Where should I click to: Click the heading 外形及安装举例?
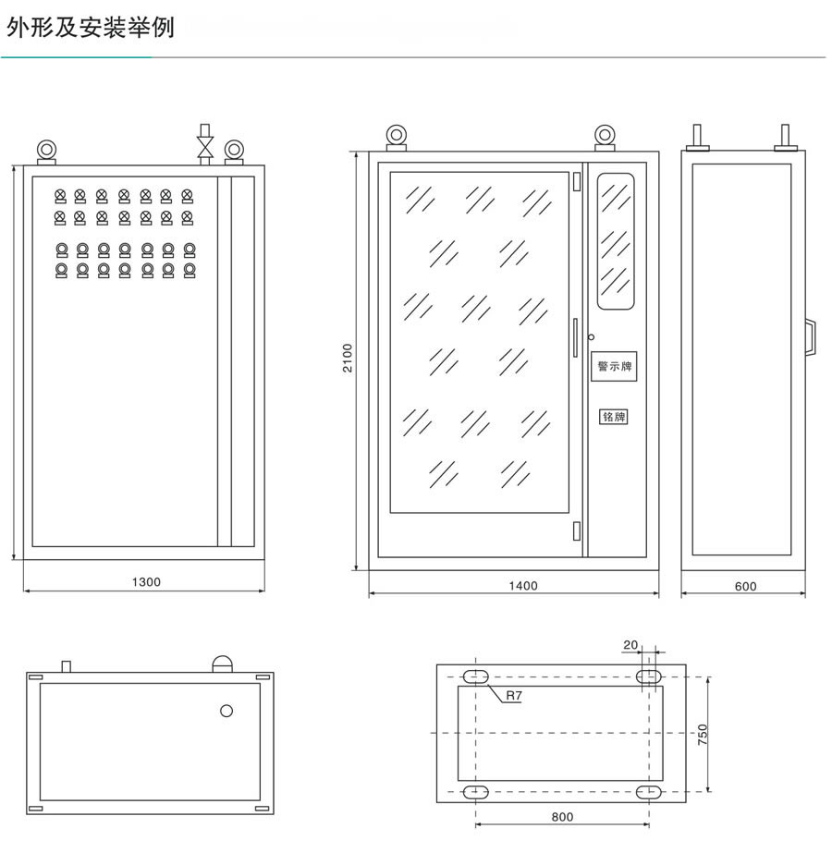[90, 28]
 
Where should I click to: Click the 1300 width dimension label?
[146, 582]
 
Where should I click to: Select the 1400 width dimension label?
[523, 585]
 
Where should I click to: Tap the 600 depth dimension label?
[745, 586]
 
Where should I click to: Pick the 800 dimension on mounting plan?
[561, 817]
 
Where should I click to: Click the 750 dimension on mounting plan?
[704, 735]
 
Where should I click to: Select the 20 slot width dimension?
[630, 645]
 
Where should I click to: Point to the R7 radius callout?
[512, 696]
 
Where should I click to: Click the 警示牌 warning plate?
[614, 367]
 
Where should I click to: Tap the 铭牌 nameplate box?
[614, 417]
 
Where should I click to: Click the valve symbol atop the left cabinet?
[205, 144]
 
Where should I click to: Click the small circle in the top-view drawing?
[226, 711]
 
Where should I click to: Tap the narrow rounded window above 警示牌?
[616, 240]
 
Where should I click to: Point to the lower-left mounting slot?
[475, 792]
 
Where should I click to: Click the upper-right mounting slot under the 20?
[649, 676]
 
